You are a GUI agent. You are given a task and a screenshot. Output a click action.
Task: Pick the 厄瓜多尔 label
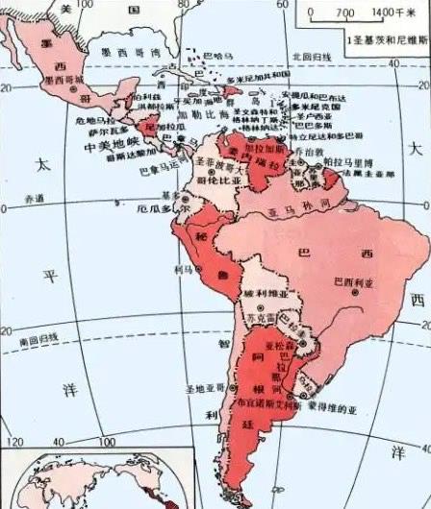(159, 207)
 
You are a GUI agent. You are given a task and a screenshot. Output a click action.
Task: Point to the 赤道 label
(35, 200)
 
